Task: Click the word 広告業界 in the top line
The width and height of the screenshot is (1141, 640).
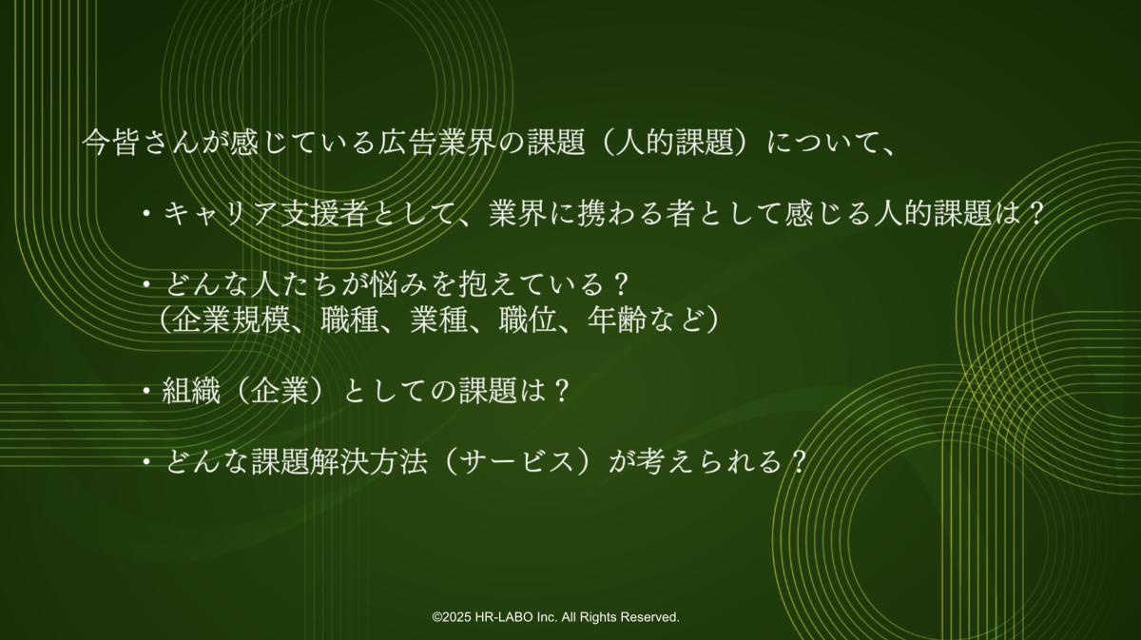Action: pyautogui.click(x=437, y=142)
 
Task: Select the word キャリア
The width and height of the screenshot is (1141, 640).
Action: pyautogui.click(x=222, y=213)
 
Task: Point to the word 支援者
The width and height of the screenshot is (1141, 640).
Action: pyautogui.click(x=324, y=213)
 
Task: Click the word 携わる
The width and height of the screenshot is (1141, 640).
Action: pyautogui.click(x=621, y=213)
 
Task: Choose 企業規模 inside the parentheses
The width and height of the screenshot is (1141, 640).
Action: pyautogui.click(x=232, y=320)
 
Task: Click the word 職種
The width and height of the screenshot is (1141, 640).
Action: pyautogui.click(x=351, y=320)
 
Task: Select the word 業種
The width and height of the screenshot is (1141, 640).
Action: pyautogui.click(x=439, y=320)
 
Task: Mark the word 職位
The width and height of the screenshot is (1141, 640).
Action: pyautogui.click(x=528, y=320)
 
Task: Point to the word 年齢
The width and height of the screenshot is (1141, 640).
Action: pyautogui.click(x=617, y=320)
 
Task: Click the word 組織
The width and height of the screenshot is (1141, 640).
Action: pyautogui.click(x=191, y=391)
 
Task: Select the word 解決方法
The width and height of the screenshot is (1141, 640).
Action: pyautogui.click(x=369, y=461)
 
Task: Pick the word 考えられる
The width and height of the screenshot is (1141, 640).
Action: pyautogui.click(x=709, y=461)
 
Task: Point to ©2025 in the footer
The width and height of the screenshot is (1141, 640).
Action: pyautogui.click(x=453, y=617)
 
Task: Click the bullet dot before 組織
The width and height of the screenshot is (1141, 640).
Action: pyautogui.click(x=146, y=391)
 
